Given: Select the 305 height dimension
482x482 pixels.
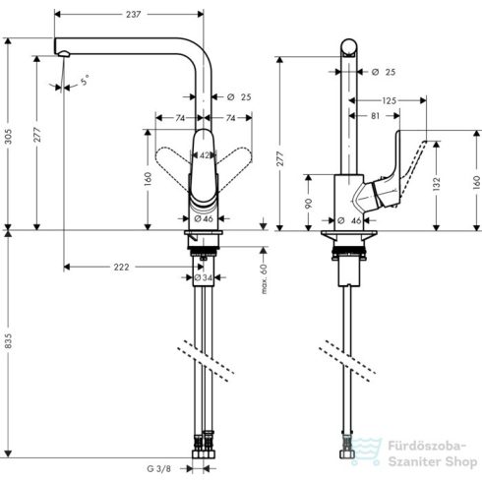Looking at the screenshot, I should [10, 139].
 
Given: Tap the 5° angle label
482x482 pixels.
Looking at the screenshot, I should [84, 80].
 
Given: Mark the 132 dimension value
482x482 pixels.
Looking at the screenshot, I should [434, 183].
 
